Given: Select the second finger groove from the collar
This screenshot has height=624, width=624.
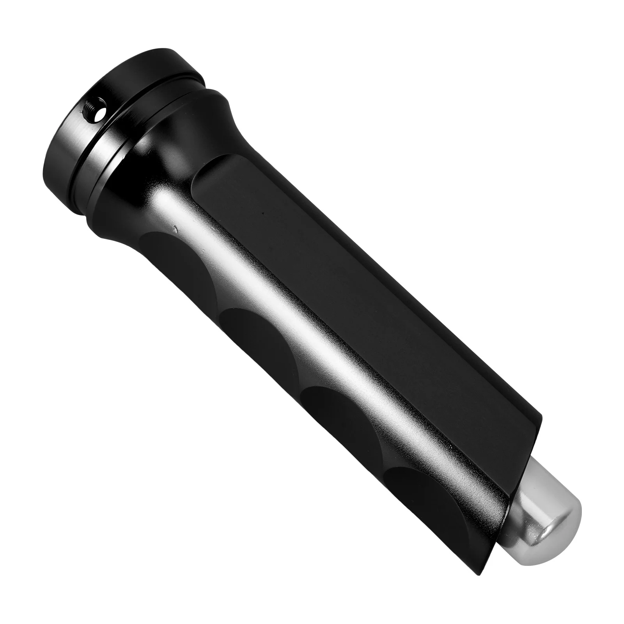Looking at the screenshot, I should coord(253,331).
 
